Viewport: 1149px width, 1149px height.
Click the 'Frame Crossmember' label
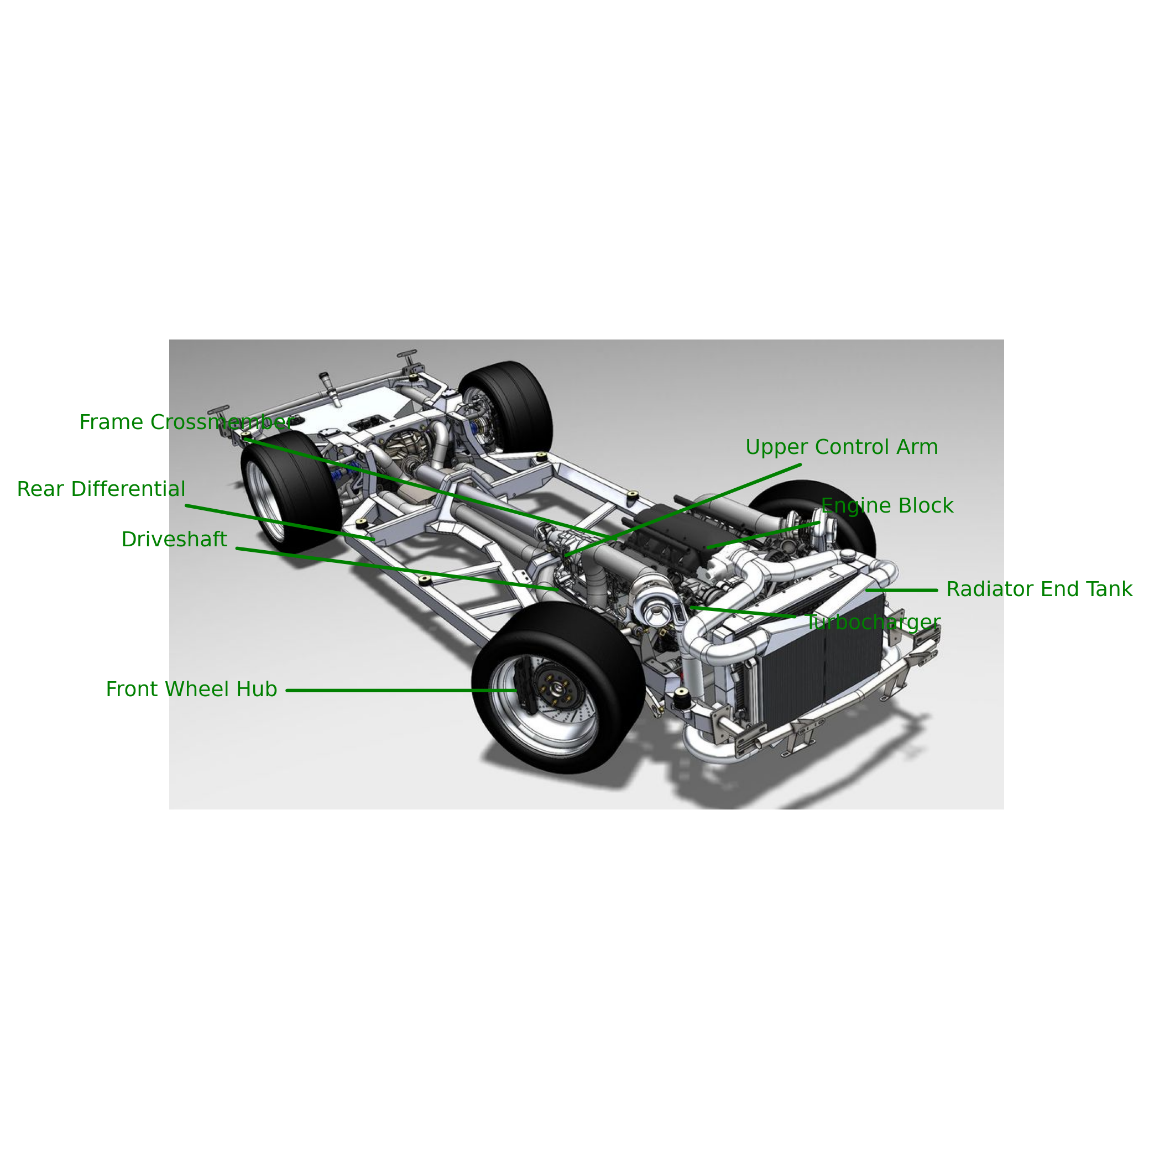187,422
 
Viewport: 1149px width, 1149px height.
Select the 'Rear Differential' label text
101,489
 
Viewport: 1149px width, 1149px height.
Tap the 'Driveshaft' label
174,540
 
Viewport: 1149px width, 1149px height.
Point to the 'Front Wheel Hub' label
191,690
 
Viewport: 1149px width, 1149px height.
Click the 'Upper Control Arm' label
842,447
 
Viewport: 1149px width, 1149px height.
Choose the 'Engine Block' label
887,505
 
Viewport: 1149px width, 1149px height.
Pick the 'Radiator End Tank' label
1040,589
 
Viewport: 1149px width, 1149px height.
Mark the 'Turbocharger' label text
874,623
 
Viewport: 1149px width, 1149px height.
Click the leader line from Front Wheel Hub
401,691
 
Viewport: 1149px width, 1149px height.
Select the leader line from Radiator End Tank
902,591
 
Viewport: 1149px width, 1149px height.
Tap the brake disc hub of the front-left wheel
557,687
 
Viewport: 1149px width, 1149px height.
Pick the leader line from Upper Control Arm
683,510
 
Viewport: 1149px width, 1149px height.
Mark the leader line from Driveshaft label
396,569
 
